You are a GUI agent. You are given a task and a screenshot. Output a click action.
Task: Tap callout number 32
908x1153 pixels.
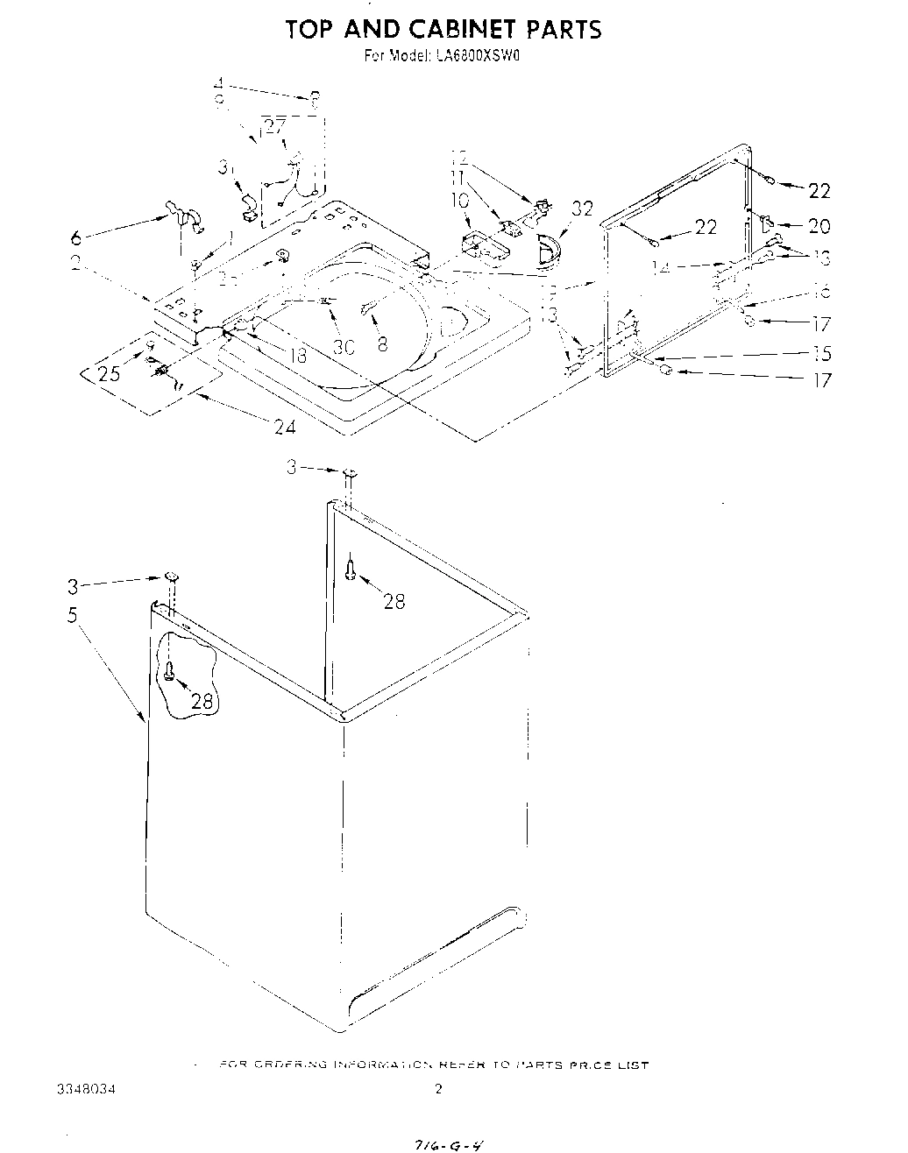[582, 209]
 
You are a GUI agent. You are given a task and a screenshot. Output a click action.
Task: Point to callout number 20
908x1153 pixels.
[819, 226]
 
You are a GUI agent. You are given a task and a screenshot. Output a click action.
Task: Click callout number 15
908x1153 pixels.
[821, 354]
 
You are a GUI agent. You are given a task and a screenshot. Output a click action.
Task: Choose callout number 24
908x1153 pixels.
[284, 428]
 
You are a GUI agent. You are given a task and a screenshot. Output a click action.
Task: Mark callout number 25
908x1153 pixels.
[109, 374]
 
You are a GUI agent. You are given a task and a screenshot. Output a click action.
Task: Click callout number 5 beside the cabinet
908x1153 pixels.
[74, 615]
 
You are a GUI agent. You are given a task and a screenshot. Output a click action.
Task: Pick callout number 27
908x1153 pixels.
[275, 126]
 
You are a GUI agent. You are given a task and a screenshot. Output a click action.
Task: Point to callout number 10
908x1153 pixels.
[459, 201]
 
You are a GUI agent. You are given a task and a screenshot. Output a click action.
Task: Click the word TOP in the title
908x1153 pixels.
[311, 30]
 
